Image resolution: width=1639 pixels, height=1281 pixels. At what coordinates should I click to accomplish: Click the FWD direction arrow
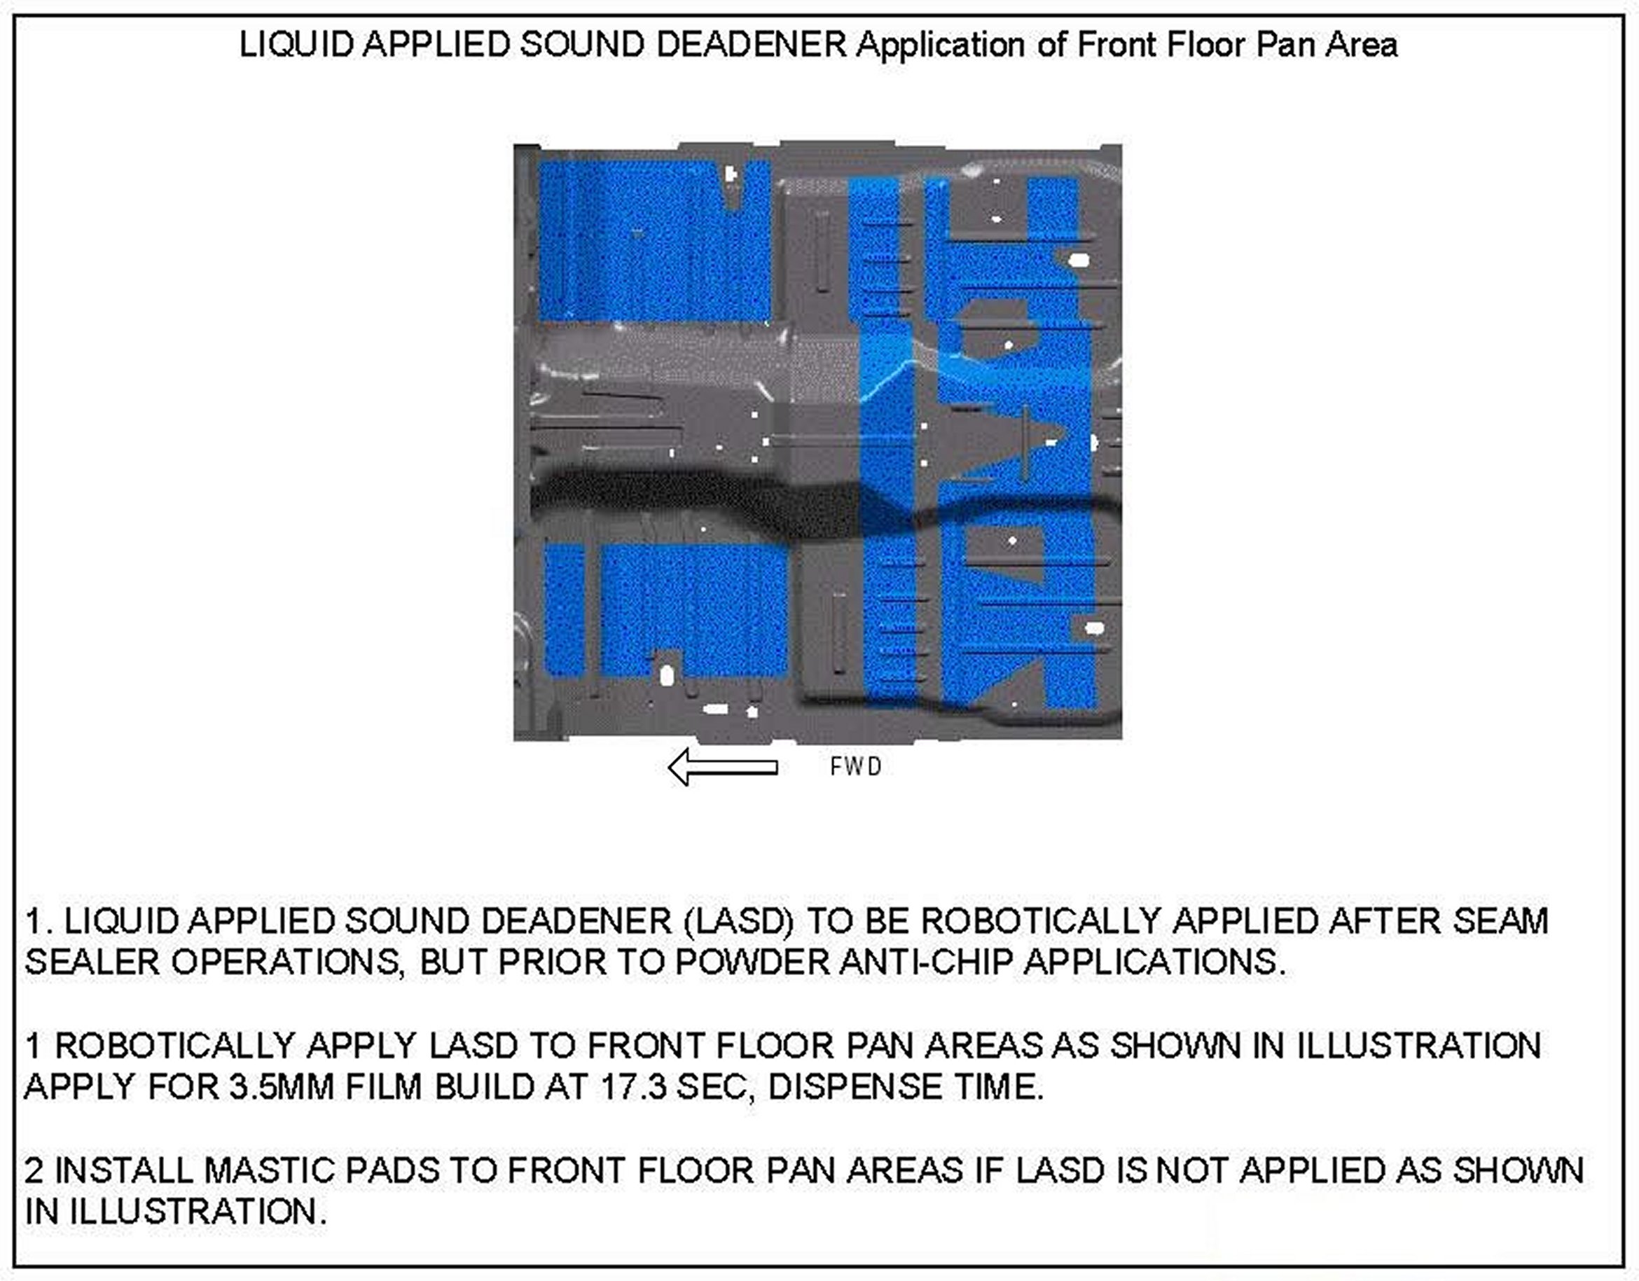point(722,767)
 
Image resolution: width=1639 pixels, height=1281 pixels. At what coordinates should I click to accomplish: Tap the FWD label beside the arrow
point(855,767)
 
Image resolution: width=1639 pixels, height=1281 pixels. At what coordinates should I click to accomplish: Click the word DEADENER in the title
point(752,45)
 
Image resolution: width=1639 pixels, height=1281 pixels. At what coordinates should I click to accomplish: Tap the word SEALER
point(92,962)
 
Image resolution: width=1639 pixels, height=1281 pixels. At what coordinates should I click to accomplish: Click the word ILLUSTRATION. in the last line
point(199,1211)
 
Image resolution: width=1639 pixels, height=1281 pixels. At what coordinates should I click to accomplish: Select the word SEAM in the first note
point(1500,922)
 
